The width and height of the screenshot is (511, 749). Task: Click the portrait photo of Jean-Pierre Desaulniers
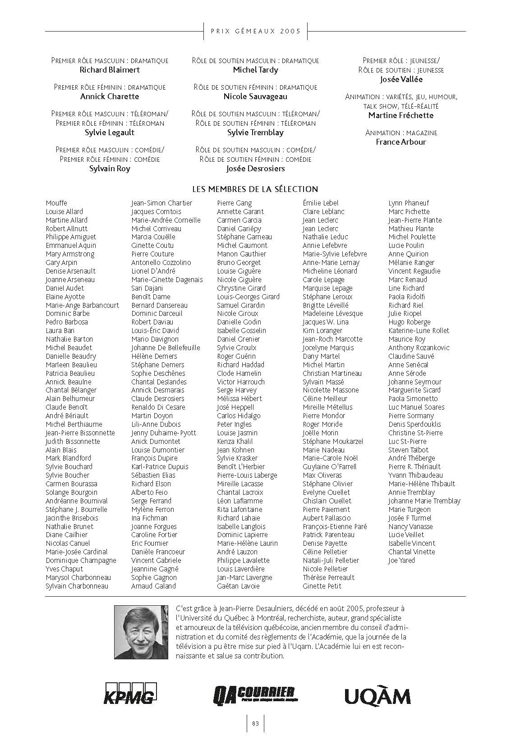click(142, 631)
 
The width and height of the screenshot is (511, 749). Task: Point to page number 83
click(255, 723)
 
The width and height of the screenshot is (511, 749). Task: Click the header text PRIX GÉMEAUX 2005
click(255, 31)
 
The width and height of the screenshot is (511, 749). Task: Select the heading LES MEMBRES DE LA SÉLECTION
click(255, 189)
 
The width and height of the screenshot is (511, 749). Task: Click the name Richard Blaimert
click(110, 70)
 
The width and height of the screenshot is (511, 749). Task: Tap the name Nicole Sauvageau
click(255, 96)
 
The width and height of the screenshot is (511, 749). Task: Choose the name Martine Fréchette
click(401, 115)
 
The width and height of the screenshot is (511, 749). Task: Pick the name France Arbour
click(401, 142)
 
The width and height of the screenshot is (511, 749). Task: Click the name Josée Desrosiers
click(255, 169)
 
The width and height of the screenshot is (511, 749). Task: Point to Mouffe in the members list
click(56, 203)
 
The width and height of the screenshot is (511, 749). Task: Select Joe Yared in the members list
click(401, 561)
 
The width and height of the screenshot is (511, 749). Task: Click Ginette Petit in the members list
click(322, 586)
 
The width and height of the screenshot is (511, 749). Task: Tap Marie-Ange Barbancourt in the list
click(82, 305)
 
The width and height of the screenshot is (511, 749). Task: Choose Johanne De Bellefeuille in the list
click(166, 348)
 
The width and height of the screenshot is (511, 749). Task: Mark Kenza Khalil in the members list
click(235, 442)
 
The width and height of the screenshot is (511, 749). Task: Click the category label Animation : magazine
click(401, 133)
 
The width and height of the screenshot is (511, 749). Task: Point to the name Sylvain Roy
click(110, 169)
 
